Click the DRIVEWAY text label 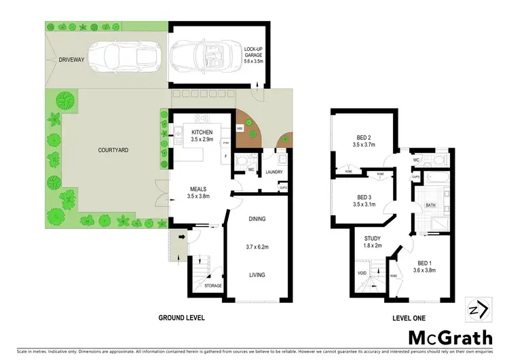pos(71,60)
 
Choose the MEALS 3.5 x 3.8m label pos(197,192)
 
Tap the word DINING pos(257,219)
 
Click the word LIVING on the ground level pos(256,274)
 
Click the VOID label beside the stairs pos(362,273)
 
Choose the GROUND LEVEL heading pos(181,317)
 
